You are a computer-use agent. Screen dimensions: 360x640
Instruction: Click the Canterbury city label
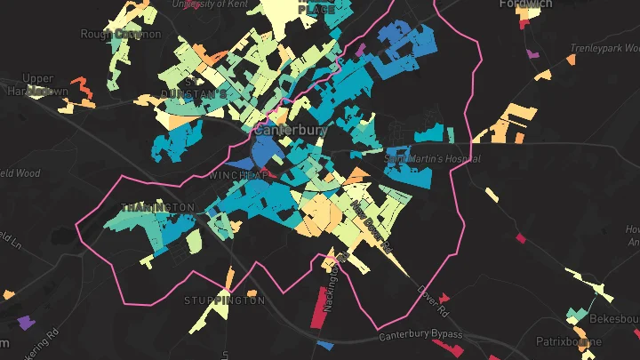tap(291, 130)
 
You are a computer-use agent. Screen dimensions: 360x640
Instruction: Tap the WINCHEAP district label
tap(238, 176)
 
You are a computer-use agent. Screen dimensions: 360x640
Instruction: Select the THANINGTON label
tap(157, 207)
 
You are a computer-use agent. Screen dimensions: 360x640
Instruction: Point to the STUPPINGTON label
tap(224, 300)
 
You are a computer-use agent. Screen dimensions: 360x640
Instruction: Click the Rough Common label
tap(121, 34)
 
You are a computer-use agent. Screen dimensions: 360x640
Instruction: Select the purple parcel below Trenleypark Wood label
tap(532, 55)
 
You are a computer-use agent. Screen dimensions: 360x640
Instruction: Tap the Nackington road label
tap(331, 284)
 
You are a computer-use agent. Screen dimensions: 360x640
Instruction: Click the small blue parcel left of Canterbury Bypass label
tap(325, 343)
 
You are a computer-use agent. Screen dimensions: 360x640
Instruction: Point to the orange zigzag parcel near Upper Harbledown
tap(82, 88)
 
